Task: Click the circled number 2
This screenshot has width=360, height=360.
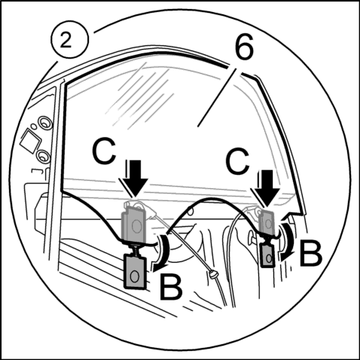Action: click(70, 40)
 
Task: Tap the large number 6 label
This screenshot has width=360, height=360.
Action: click(244, 47)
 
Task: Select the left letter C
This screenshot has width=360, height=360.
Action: click(104, 151)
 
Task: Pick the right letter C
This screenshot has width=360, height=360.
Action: click(237, 161)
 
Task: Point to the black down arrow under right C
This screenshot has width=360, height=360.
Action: click(267, 188)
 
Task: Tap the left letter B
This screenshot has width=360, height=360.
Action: click(170, 287)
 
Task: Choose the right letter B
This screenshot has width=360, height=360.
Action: click(310, 253)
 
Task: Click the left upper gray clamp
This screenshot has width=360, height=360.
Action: click(134, 224)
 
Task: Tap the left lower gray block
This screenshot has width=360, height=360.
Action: click(136, 271)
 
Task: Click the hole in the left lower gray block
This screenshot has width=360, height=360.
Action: click(135, 276)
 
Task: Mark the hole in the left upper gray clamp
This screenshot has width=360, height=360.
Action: click(136, 225)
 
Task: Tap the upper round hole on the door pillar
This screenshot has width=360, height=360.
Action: click(45, 123)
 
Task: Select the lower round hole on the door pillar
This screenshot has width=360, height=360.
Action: click(44, 157)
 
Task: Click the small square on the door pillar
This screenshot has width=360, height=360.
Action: click(29, 141)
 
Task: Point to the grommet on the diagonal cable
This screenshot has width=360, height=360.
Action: click(213, 274)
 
